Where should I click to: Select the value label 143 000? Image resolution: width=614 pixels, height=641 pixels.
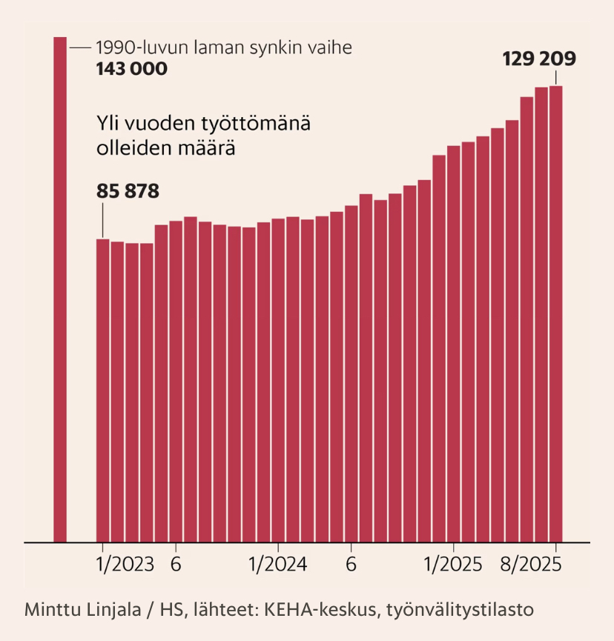pos(131,69)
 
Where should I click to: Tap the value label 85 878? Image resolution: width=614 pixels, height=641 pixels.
pos(128,191)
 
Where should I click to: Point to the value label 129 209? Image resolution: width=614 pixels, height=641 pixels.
pos(539,59)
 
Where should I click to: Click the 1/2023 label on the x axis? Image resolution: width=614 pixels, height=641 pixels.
pos(125,565)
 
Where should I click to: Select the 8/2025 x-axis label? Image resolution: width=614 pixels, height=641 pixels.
pos(529,565)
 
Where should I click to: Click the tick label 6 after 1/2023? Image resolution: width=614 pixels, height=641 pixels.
pos(176,565)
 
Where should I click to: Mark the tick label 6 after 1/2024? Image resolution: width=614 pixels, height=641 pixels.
pos(351,565)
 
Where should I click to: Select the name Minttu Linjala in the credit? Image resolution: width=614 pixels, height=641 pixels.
pos(76,611)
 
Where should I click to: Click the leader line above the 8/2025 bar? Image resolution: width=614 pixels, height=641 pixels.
pos(555,78)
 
